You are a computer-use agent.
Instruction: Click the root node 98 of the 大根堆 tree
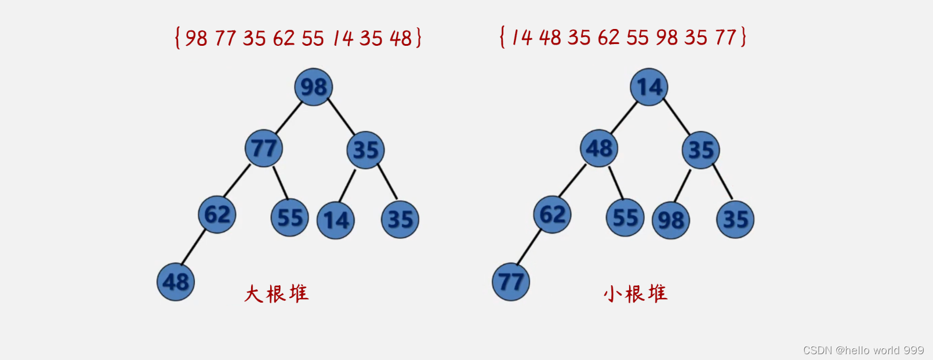[314, 87]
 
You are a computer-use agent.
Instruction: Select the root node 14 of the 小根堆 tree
[649, 87]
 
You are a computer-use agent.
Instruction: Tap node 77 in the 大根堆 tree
[264, 148]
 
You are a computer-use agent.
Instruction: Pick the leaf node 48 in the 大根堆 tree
[176, 282]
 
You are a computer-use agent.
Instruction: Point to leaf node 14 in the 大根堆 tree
[336, 220]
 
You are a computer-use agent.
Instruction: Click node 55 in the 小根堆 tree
[625, 218]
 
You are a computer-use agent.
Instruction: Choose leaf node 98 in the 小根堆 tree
[671, 220]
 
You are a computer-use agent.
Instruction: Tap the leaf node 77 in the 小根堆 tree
[511, 282]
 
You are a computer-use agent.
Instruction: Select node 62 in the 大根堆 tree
[217, 214]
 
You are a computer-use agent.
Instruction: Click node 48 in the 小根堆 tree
[599, 148]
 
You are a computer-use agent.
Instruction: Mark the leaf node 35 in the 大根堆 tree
[400, 219]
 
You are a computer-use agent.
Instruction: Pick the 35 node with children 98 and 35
[701, 150]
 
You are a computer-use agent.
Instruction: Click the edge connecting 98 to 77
[289, 118]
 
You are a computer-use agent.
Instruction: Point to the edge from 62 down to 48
[194, 248]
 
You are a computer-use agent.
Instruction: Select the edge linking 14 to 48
[624, 118]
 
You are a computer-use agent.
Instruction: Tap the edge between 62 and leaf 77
[529, 248]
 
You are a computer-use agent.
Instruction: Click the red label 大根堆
[276, 293]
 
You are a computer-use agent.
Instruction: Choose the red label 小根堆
[636, 293]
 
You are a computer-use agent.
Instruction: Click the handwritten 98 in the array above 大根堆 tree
[196, 38]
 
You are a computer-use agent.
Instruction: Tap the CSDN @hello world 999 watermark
[863, 350]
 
